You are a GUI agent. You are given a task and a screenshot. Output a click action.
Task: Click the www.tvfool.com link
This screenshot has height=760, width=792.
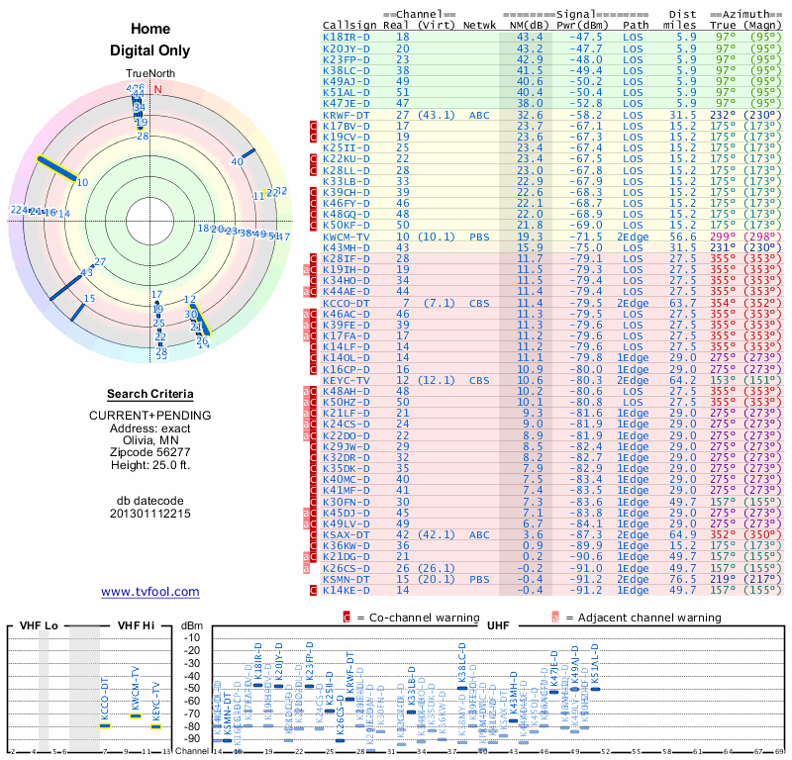click(150, 592)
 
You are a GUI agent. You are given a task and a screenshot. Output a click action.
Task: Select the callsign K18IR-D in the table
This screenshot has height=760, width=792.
click(346, 37)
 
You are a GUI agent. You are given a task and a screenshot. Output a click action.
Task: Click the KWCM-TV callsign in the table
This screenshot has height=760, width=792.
click(346, 237)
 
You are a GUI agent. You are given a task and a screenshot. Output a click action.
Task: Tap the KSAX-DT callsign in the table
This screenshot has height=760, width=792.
click(346, 534)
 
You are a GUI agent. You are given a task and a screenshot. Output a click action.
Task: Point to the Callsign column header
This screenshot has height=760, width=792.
click(346, 25)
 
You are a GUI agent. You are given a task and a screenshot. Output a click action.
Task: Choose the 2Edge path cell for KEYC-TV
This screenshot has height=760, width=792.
click(634, 380)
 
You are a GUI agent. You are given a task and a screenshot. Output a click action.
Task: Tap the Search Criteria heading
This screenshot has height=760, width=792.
click(150, 394)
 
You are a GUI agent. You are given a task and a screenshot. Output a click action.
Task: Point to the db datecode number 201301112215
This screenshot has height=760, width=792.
click(150, 514)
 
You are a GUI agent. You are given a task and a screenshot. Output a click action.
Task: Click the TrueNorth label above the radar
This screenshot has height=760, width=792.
click(150, 75)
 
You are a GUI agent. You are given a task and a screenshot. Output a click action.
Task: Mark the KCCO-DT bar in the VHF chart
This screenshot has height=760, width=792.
click(104, 725)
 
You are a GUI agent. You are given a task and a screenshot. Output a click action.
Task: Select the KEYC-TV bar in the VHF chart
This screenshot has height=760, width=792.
click(155, 726)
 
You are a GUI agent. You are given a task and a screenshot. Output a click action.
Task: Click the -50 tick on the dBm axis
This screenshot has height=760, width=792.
click(192, 688)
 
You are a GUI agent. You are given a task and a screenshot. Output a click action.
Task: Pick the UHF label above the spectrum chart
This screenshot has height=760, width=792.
click(498, 626)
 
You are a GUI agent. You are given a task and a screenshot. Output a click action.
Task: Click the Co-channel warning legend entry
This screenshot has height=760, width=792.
click(404, 617)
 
